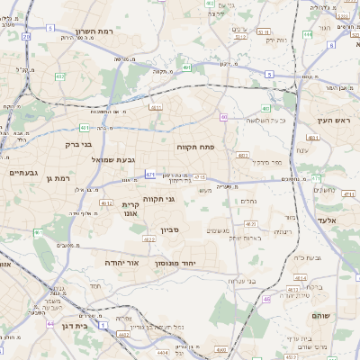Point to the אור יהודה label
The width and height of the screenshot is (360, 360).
pos(123,262)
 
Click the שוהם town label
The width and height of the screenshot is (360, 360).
pos(322,317)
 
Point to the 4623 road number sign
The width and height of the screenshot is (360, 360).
pos(251,223)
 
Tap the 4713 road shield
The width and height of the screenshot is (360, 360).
pos(200,177)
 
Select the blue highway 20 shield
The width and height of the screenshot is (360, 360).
pos(26,37)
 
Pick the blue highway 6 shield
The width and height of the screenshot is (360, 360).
pos(331,44)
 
